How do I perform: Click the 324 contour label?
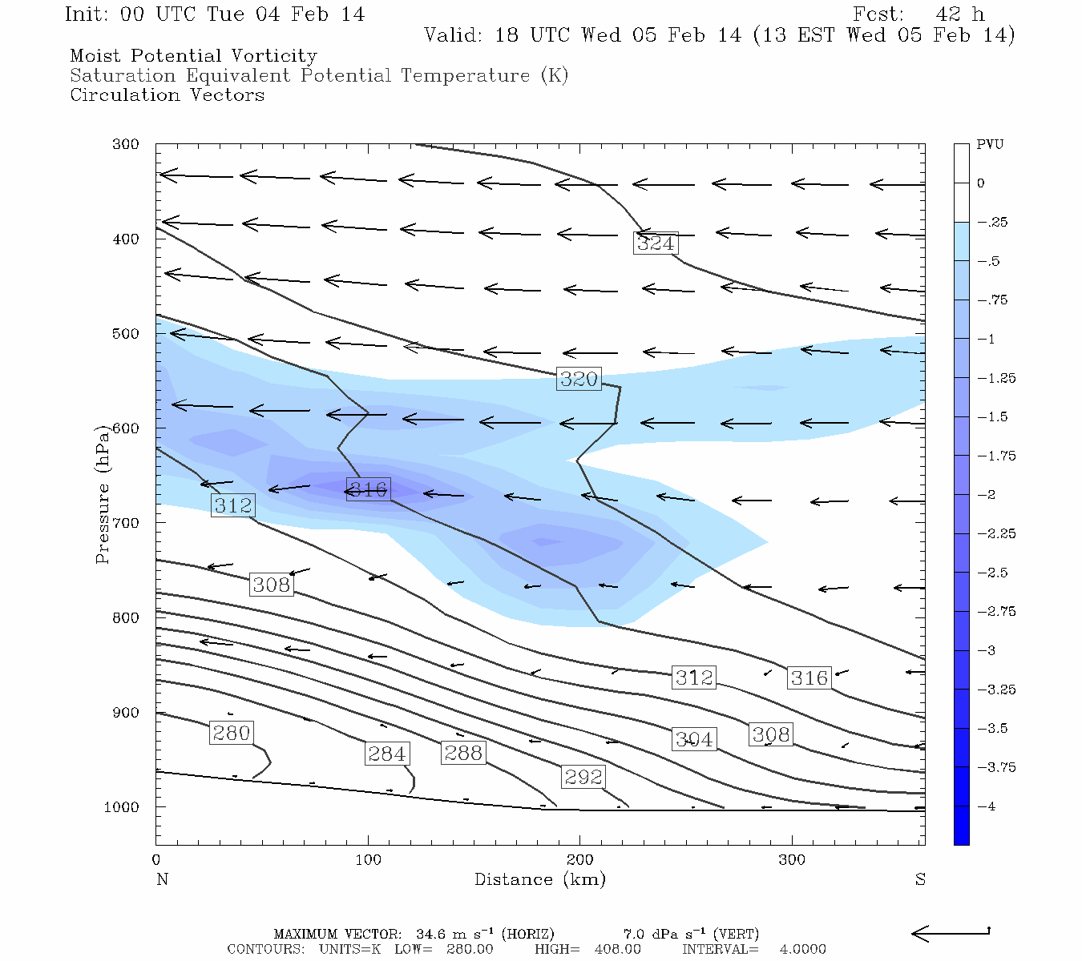coord(656,243)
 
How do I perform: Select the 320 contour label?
coord(579,379)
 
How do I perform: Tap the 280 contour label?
coord(232,733)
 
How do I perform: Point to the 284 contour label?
coord(387,754)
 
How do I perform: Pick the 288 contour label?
coord(463,753)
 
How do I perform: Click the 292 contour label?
coord(583,777)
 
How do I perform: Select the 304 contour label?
coord(693,739)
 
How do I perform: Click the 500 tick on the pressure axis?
coord(125,334)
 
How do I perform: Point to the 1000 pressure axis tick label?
coord(121,807)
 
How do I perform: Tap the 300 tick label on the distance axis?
coord(792,860)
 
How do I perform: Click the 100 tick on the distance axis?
coord(368,860)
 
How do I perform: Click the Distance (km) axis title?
coord(539,879)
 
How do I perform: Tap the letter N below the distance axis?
coord(162,879)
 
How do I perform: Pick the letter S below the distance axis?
coord(920,879)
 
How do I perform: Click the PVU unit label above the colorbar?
coord(989,145)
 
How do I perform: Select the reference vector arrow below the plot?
coord(951,932)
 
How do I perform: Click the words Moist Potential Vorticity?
coord(193,56)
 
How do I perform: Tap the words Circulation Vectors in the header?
coord(167,95)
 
